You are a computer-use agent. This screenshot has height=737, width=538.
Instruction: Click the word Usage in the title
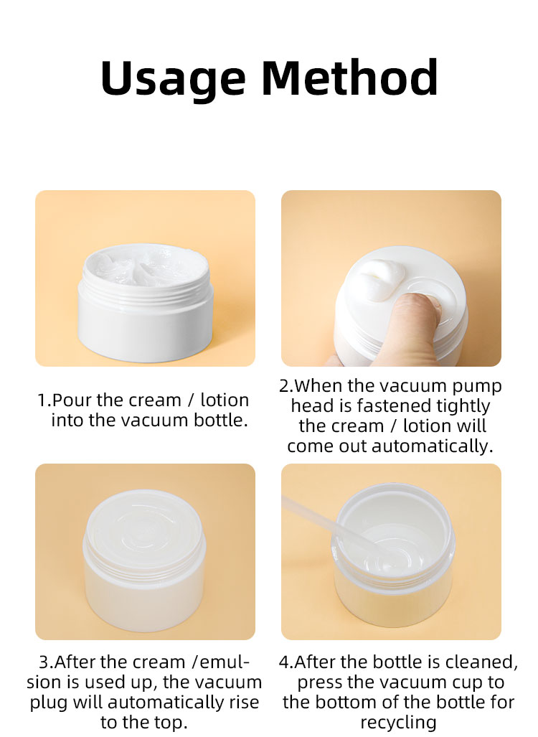pyautogui.click(x=173, y=79)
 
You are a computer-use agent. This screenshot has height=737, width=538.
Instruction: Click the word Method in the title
pyautogui.click(x=350, y=77)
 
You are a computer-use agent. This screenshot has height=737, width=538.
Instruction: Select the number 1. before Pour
pyautogui.click(x=44, y=400)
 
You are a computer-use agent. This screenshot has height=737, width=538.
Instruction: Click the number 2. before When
pyautogui.click(x=286, y=386)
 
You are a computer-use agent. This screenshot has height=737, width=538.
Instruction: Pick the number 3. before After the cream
pyautogui.click(x=47, y=662)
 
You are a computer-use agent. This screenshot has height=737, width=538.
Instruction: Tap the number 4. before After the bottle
pyautogui.click(x=286, y=662)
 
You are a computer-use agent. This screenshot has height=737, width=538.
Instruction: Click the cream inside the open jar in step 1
pyautogui.click(x=146, y=265)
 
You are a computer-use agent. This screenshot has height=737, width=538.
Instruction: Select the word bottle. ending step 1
pyautogui.click(x=221, y=421)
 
